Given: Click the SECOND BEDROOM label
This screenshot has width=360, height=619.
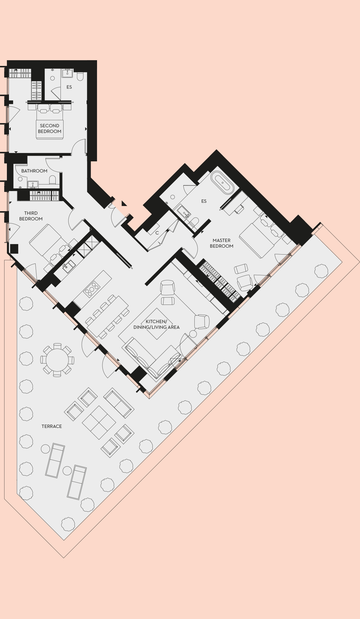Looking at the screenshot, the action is tap(50, 128).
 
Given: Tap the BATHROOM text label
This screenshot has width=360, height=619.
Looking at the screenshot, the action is tap(34, 171).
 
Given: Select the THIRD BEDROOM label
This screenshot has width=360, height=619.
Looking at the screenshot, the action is tap(31, 216).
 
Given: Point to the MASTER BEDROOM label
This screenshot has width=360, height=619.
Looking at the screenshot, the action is tap(222, 243).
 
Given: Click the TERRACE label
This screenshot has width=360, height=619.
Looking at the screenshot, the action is tap(52, 426).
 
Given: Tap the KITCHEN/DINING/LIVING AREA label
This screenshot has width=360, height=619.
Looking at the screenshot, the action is tap(156, 324).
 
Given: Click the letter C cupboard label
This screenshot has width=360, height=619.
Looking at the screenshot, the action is tap(157, 233).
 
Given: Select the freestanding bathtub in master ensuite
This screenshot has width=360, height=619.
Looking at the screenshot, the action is tap(222, 182).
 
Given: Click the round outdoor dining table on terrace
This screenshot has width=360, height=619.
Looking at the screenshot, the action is tap(57, 360).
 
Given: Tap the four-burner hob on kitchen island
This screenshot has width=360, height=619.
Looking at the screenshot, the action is tap(92, 288).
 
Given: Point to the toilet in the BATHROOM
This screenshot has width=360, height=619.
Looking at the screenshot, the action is tap(53, 180).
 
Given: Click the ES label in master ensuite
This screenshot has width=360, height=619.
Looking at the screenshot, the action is tap(204, 201).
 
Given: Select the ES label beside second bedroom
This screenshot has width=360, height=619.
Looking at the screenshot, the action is tap(69, 87).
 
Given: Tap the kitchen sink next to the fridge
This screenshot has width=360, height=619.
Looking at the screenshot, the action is tap(69, 266).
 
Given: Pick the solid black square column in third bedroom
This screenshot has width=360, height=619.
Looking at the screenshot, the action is tap(14, 249).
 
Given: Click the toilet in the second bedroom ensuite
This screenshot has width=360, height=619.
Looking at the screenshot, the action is tap(80, 77).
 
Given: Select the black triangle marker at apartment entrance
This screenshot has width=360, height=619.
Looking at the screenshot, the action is tap(124, 204).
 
